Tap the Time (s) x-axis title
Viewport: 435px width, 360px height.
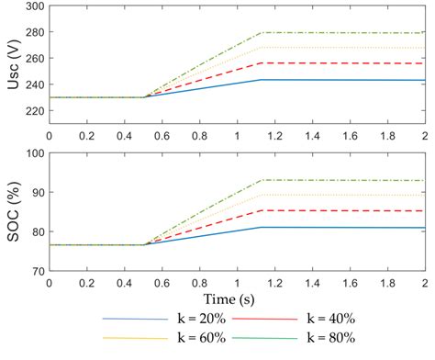coord(237,299)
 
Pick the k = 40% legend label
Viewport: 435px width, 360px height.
coord(328,318)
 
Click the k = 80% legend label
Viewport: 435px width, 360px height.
coord(328,341)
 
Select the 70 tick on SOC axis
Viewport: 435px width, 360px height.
coord(37,272)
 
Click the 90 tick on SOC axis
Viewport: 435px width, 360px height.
coord(37,193)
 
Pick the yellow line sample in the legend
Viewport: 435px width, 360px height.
coord(128,342)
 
